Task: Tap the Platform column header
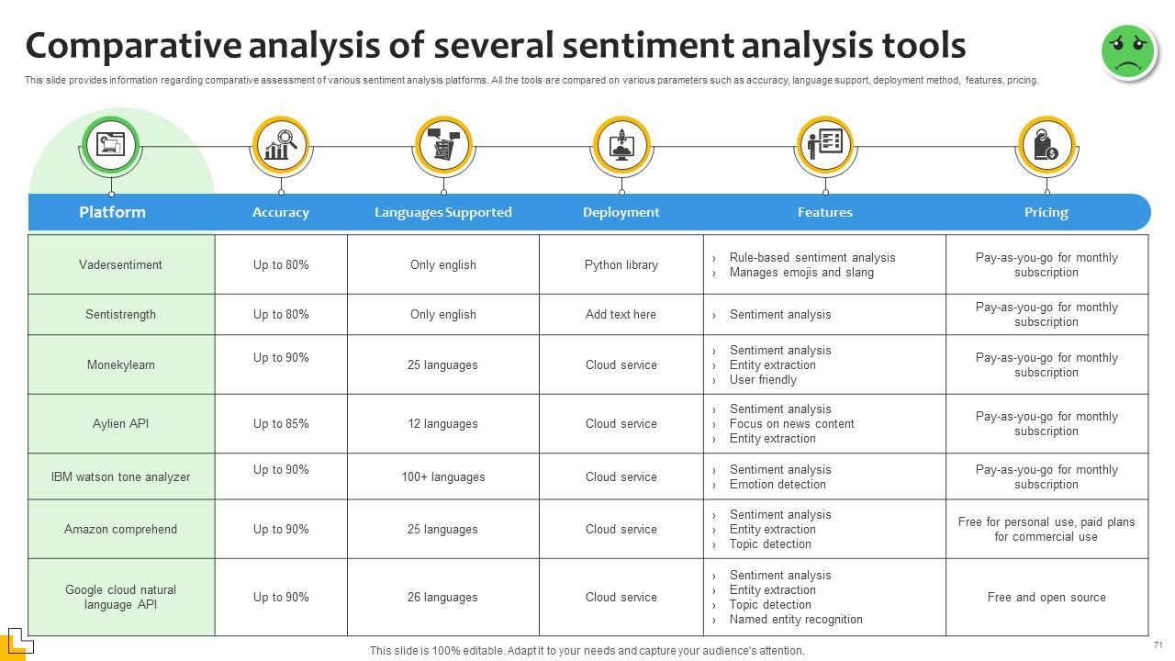click(x=112, y=212)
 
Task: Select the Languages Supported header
click(x=442, y=212)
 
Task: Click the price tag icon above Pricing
click(x=1046, y=145)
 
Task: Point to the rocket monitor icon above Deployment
click(x=621, y=145)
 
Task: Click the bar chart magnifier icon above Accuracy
click(x=280, y=145)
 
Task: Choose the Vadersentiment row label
click(x=120, y=264)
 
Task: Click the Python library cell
click(x=621, y=264)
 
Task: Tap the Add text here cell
click(x=621, y=314)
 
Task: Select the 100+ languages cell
click(x=442, y=476)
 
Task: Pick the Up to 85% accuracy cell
click(x=281, y=423)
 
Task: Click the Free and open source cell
click(x=1046, y=597)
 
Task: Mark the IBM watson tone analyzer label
click(x=120, y=476)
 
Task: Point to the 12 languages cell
click(x=442, y=423)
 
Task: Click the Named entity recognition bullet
click(x=795, y=619)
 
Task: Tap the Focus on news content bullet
click(x=791, y=423)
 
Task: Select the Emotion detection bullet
click(x=778, y=484)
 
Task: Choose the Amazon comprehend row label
click(x=120, y=529)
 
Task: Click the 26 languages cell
click(x=442, y=597)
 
